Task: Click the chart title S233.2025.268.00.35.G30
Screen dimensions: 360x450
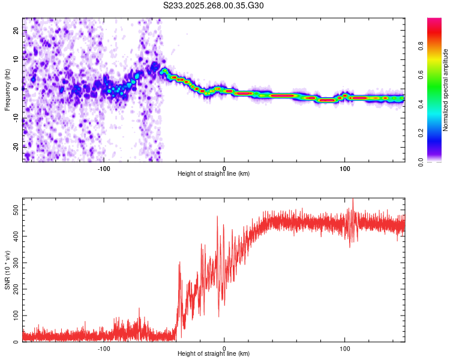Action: coord(214,5)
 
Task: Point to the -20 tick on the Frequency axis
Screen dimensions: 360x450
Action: coord(15,146)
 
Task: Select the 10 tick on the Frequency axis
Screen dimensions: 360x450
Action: coord(16,59)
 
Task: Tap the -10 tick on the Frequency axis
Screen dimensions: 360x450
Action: coord(15,117)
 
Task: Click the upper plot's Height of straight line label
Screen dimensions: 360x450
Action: coord(214,173)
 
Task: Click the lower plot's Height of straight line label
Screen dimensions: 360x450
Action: coord(214,353)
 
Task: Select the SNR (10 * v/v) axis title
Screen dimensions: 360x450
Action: coord(7,269)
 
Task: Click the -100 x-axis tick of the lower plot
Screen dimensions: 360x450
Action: coord(104,348)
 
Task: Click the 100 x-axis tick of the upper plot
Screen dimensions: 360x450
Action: coord(345,168)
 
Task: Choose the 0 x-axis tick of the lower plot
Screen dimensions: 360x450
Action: coord(224,348)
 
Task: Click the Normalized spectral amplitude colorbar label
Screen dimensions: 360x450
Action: coord(445,90)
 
